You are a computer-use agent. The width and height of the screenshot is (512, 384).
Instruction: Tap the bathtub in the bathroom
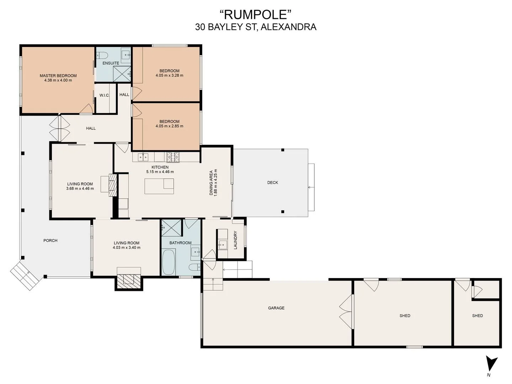pos(169,262)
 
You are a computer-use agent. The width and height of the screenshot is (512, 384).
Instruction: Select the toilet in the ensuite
pos(102,55)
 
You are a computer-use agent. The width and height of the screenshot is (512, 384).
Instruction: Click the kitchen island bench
pos(159,186)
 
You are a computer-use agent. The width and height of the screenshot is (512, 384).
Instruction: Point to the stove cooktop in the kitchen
pos(173,157)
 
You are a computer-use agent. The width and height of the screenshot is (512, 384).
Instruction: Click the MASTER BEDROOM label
pos(58,75)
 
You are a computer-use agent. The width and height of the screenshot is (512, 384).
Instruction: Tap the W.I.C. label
pos(105,95)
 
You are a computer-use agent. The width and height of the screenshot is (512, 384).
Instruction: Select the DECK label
pos(272,182)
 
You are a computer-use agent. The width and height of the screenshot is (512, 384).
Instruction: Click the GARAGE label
pos(276,308)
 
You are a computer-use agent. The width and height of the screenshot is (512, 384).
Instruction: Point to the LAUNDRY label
pos(235,240)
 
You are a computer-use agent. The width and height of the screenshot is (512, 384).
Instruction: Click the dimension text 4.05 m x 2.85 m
pos(169,126)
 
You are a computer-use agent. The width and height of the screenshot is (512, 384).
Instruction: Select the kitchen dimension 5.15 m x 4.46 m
pos(160,172)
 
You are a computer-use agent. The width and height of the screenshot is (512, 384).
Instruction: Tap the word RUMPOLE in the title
pos(256,15)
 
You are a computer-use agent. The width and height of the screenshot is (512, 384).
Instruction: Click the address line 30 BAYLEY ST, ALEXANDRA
pos(256,27)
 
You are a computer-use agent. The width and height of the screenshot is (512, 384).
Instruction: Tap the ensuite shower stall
pos(122,74)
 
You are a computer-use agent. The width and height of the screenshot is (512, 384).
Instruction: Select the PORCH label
pos(50,240)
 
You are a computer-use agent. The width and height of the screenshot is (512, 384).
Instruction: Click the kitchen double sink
pos(143,157)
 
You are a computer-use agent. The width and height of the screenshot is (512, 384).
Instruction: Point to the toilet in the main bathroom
pos(194,267)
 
